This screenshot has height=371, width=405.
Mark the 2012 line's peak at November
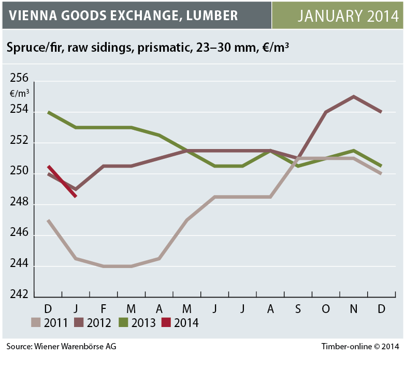[353, 96]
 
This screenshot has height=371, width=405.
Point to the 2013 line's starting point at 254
[48, 112]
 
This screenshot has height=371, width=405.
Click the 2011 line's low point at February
[104, 266]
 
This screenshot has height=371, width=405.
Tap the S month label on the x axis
[298, 309]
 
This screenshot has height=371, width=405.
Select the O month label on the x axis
[325, 309]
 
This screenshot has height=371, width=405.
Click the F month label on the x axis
[104, 309]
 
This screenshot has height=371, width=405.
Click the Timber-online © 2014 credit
[359, 346]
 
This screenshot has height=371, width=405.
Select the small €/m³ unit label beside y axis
[19, 94]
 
